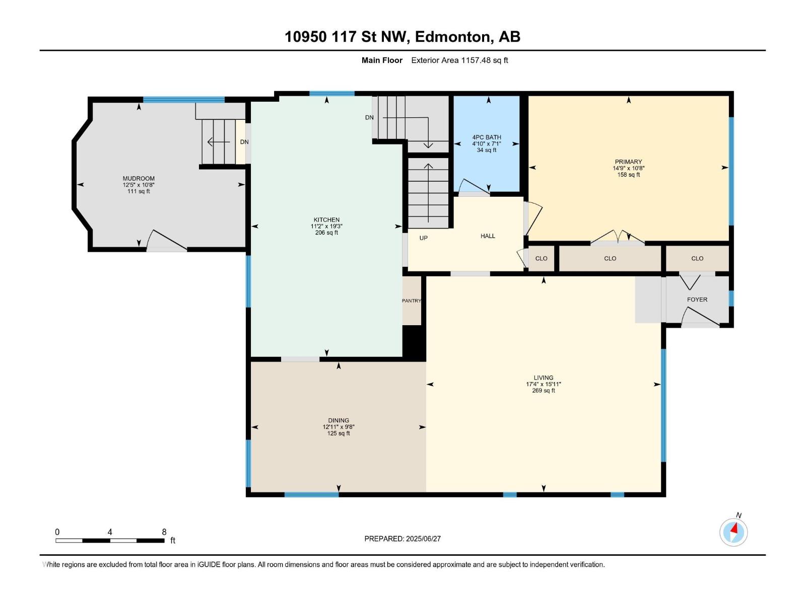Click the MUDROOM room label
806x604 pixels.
[x=139, y=179]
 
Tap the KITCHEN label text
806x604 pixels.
[x=326, y=220]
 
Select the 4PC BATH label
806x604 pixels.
[x=487, y=137]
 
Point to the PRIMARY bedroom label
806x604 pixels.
[x=628, y=162]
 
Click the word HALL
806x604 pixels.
[x=488, y=236]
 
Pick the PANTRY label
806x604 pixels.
[x=411, y=300]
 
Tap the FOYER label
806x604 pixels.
[x=697, y=299]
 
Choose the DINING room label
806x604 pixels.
[x=338, y=420]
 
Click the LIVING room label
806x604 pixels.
[x=544, y=377]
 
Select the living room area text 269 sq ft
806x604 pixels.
[x=544, y=391]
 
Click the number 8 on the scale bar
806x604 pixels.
[x=164, y=532]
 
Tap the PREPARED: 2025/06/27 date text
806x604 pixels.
[x=402, y=539]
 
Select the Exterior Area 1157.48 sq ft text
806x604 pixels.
[x=459, y=60]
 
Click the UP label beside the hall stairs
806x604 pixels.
[x=423, y=238]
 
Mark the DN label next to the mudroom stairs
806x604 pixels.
[x=244, y=142]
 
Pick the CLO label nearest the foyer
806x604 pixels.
[x=697, y=259]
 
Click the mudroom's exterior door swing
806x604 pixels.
[x=167, y=241]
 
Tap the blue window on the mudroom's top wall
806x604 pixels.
[x=183, y=99]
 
